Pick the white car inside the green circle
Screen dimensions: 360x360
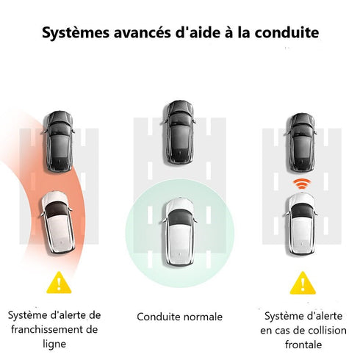pyautogui.click(x=179, y=231)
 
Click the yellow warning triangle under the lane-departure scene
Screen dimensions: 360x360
pyautogui.click(x=56, y=283)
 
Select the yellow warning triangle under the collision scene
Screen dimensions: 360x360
pyautogui.click(x=300, y=283)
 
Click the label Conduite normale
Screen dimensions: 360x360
pyautogui.click(x=179, y=317)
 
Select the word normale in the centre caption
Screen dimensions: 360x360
pyautogui.click(x=204, y=317)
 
